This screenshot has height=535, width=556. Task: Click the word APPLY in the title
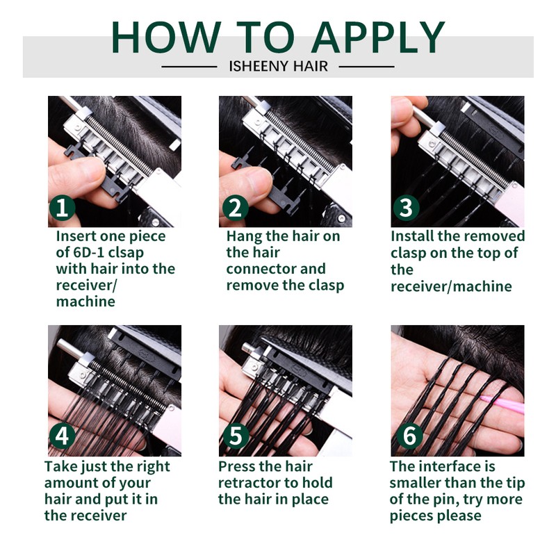pyautogui.click(x=378, y=37)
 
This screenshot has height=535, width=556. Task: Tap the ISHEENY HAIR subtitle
pyautogui.click(x=279, y=66)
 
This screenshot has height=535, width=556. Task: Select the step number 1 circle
pyautogui.click(x=62, y=208)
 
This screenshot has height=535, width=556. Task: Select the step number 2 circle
pyautogui.click(x=236, y=208)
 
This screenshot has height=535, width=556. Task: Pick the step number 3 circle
pyautogui.click(x=407, y=208)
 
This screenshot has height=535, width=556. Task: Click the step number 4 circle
pyautogui.click(x=62, y=436)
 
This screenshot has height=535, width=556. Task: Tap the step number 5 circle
pyautogui.click(x=236, y=436)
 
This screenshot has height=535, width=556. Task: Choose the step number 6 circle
pyautogui.click(x=409, y=436)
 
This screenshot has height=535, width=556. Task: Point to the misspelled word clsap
pyautogui.click(x=126, y=253)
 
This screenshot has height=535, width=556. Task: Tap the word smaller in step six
pyautogui.click(x=415, y=483)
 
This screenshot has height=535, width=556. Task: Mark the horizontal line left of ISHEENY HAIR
pyautogui.click(x=189, y=67)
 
